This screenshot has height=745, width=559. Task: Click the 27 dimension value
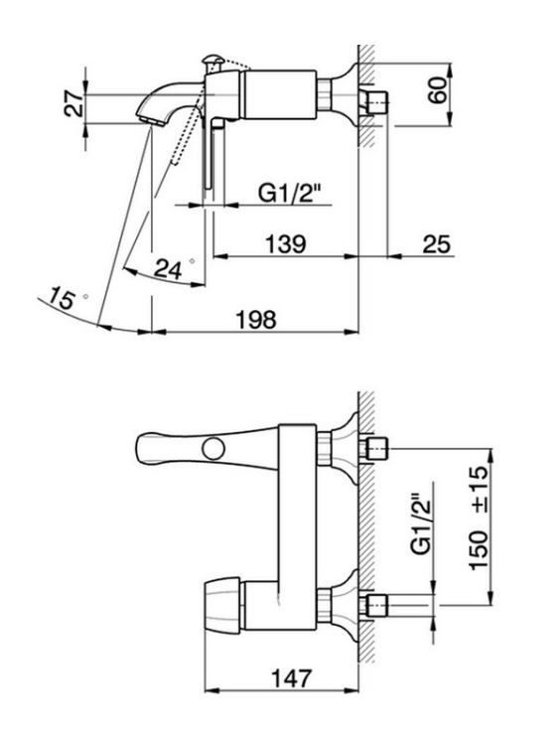(74, 104)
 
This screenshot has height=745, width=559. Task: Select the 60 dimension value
(438, 89)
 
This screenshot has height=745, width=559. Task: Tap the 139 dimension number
(285, 244)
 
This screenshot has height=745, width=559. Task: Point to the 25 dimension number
(436, 244)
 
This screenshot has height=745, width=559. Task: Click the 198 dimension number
(256, 320)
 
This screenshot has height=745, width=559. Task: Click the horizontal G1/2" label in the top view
(290, 194)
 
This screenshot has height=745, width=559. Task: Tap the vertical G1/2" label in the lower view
(422, 523)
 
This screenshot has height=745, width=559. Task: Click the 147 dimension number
(292, 678)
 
